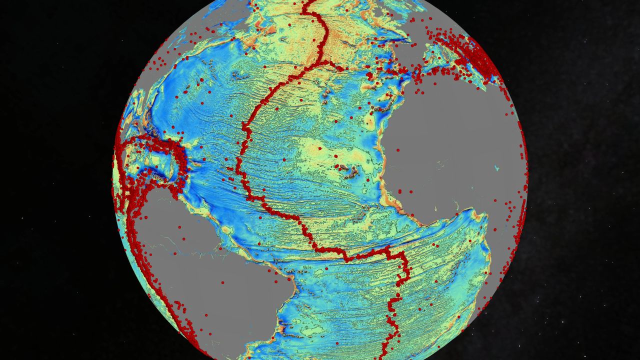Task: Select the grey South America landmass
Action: tap(210, 280)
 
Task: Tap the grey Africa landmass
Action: tap(450, 140)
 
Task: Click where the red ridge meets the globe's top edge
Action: tap(306, 2)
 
